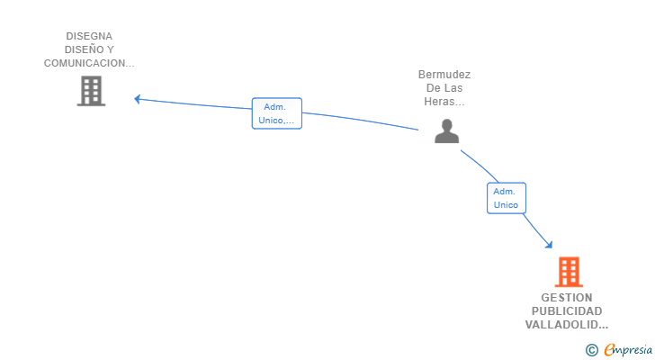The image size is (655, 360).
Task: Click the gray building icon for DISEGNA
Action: tap(91, 91)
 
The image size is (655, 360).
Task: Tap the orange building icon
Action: tap(569, 272)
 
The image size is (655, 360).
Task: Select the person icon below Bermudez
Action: tap(446, 131)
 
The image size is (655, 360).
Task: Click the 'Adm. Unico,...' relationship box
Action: tap(276, 113)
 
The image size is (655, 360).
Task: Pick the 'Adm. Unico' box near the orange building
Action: tap(506, 198)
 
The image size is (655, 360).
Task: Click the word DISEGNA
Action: tap(89, 37)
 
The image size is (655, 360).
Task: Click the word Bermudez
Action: tap(444, 75)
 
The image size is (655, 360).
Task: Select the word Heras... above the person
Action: tap(444, 102)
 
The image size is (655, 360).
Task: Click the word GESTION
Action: tap(567, 298)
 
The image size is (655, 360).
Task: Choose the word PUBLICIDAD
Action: tap(567, 311)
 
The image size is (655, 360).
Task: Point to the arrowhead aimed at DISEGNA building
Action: tap(138, 98)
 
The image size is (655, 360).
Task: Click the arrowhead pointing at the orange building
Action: tap(549, 244)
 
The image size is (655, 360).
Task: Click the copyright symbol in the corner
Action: tap(591, 350)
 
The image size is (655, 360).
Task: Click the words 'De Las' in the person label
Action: tap(444, 88)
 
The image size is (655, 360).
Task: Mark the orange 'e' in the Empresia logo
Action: tap(609, 350)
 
